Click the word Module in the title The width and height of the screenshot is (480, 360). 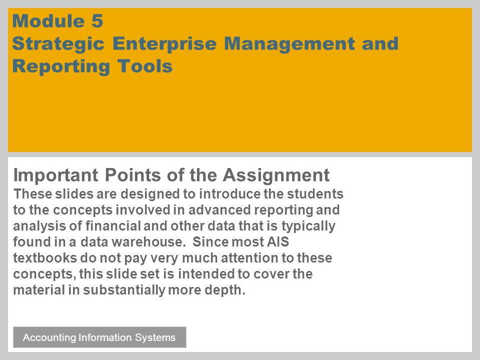pyautogui.click(x=48, y=21)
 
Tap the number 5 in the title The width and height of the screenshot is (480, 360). pyautogui.click(x=97, y=21)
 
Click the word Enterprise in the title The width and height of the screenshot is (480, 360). pyautogui.click(x=164, y=44)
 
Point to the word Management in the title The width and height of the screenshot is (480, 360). pyautogui.click(x=289, y=44)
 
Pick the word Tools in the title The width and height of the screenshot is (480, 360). pyautogui.click(x=145, y=66)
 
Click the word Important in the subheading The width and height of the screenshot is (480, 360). pyautogui.click(x=55, y=175)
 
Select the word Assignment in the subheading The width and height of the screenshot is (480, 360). pyautogui.click(x=276, y=175)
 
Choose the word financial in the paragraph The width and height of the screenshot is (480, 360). pyautogui.click(x=113, y=226)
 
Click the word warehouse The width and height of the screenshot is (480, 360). pyautogui.click(x=149, y=242)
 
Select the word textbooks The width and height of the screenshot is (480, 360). pyautogui.click(x=45, y=258)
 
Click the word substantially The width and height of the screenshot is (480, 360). pyautogui.click(x=124, y=290)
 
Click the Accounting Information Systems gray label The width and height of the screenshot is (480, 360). pyautogui.click(x=99, y=337)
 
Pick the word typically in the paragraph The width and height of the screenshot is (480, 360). pyautogui.click(x=308, y=226)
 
